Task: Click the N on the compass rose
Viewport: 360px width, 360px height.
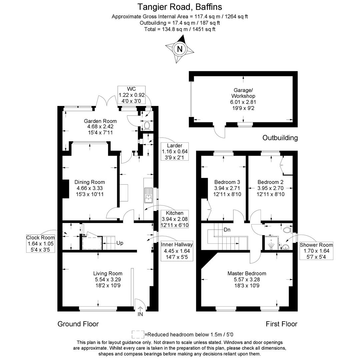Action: pyautogui.click(x=180, y=49)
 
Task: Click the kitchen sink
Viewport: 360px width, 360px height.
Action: pyautogui.click(x=149, y=196)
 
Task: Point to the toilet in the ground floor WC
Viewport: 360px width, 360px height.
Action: pyautogui.click(x=147, y=125)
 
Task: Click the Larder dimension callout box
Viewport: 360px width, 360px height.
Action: pyautogui.click(x=175, y=152)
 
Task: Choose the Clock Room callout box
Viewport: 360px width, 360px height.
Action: pyautogui.click(x=40, y=244)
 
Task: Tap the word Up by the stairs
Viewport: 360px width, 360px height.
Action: pyautogui.click(x=120, y=243)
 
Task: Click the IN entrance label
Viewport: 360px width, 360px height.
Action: pyautogui.click(x=140, y=314)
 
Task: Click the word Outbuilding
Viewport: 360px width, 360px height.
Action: pyautogui.click(x=280, y=138)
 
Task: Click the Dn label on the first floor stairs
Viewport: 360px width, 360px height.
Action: pyautogui.click(x=227, y=230)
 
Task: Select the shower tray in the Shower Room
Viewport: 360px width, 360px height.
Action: pyautogui.click(x=271, y=243)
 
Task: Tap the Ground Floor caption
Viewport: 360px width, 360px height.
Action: pyautogui.click(x=78, y=324)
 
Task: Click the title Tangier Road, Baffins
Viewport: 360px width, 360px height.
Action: pyautogui.click(x=180, y=7)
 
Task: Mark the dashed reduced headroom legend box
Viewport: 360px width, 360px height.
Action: pyautogui.click(x=138, y=334)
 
